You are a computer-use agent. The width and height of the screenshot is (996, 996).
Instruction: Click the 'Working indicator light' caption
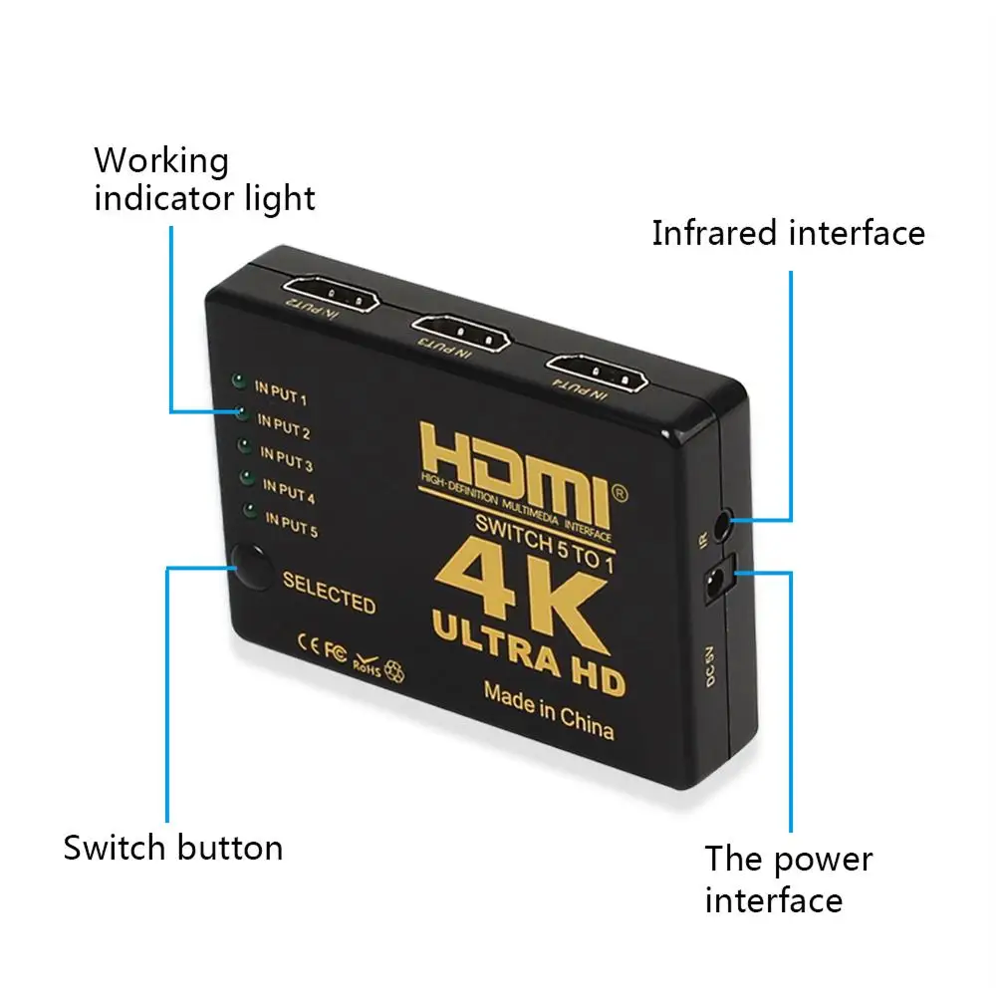pos(204,179)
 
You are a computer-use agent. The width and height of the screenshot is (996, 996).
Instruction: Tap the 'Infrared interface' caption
pos(788,233)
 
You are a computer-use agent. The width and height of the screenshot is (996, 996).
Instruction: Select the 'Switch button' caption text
pos(173,848)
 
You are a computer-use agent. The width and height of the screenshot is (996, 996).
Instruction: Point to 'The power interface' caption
pos(788,879)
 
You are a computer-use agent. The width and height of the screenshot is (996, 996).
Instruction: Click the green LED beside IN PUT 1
pos(237,380)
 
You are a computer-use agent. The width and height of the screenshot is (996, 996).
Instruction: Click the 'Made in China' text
pos(548,710)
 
